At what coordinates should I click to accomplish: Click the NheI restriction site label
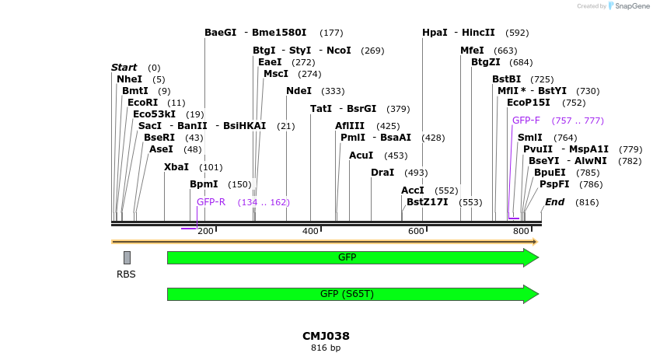pyautogui.click(x=129, y=79)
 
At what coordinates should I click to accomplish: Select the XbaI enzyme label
pyautogui.click(x=176, y=167)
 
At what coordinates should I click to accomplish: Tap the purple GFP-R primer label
pyautogui.click(x=211, y=202)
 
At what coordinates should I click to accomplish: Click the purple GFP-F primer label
pyautogui.click(x=526, y=121)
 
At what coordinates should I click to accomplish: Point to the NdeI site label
pyautogui.click(x=299, y=91)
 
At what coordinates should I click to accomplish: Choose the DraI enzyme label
pyautogui.click(x=382, y=173)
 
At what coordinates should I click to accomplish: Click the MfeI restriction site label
pyautogui.click(x=472, y=51)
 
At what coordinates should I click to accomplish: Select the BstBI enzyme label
pyautogui.click(x=506, y=79)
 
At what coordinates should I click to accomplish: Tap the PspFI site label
pyautogui.click(x=554, y=184)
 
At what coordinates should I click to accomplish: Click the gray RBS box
pyautogui.click(x=127, y=257)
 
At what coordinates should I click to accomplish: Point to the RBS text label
pyautogui.click(x=126, y=274)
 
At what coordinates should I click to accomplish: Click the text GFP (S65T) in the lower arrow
pyautogui.click(x=347, y=294)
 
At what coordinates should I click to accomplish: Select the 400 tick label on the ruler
pyautogui.click(x=310, y=232)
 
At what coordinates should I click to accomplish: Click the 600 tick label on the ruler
pyautogui.click(x=416, y=232)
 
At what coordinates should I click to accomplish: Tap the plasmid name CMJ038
pyautogui.click(x=326, y=336)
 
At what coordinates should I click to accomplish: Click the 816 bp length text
pyautogui.click(x=326, y=348)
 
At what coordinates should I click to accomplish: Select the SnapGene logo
pyautogui.click(x=627, y=6)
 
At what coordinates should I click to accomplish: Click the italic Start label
pyautogui.click(x=124, y=68)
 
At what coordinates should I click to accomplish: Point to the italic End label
pyautogui.click(x=554, y=202)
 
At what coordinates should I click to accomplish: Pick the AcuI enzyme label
pyautogui.click(x=361, y=156)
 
